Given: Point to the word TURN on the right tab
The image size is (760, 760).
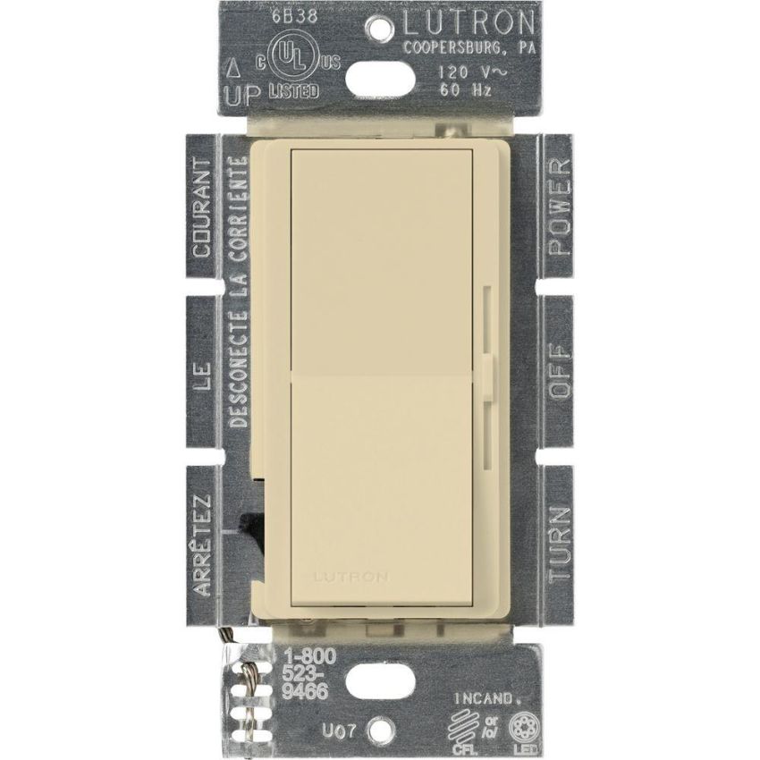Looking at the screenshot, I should (x=559, y=543).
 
